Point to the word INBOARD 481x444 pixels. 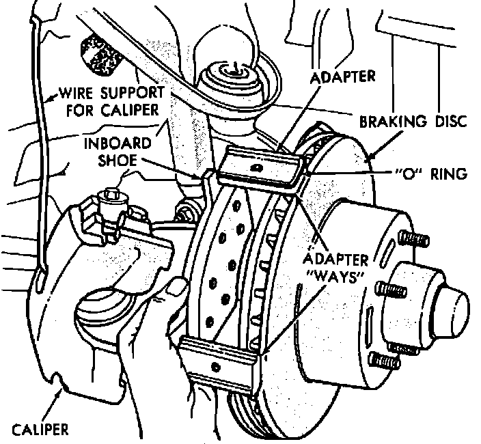pyautogui.click(x=114, y=145)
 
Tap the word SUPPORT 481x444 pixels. pyautogui.click(x=133, y=92)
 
